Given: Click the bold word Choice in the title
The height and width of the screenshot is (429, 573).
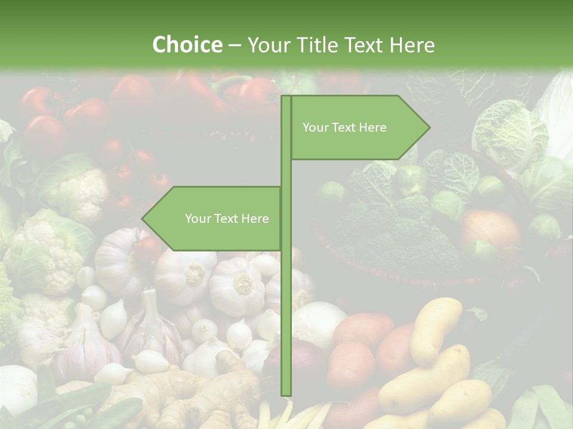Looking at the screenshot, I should (x=187, y=45).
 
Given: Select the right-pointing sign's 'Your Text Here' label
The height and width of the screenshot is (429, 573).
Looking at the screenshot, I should (x=344, y=128).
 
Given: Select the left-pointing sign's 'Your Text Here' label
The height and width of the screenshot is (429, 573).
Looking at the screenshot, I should (x=227, y=219).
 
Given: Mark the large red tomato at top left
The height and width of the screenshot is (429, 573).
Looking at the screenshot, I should (x=45, y=134).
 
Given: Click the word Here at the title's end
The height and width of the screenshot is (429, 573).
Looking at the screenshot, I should (x=412, y=45).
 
